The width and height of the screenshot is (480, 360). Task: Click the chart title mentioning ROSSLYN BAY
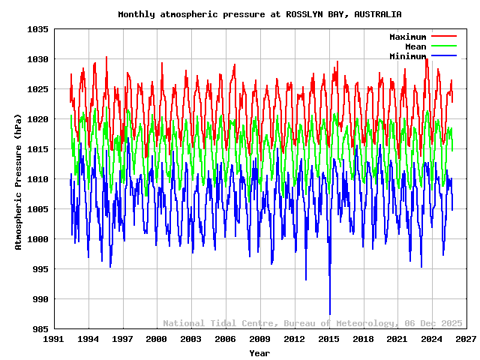pyautogui.click(x=259, y=14)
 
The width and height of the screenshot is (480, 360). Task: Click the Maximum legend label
pyautogui.click(x=407, y=37)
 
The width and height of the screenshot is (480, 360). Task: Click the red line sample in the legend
pyautogui.click(x=443, y=37)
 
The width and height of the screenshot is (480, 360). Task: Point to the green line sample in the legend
pyautogui.click(x=443, y=46)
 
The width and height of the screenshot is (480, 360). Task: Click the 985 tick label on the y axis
pyautogui.click(x=39, y=329)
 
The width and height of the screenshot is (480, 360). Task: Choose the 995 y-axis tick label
pyautogui.click(x=39, y=269)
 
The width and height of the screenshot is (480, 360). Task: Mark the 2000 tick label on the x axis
pyautogui.click(x=157, y=340)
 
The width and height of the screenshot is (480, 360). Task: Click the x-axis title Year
pyautogui.click(x=259, y=352)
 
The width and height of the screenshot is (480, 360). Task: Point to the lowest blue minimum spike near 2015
pyautogui.click(x=330, y=313)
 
